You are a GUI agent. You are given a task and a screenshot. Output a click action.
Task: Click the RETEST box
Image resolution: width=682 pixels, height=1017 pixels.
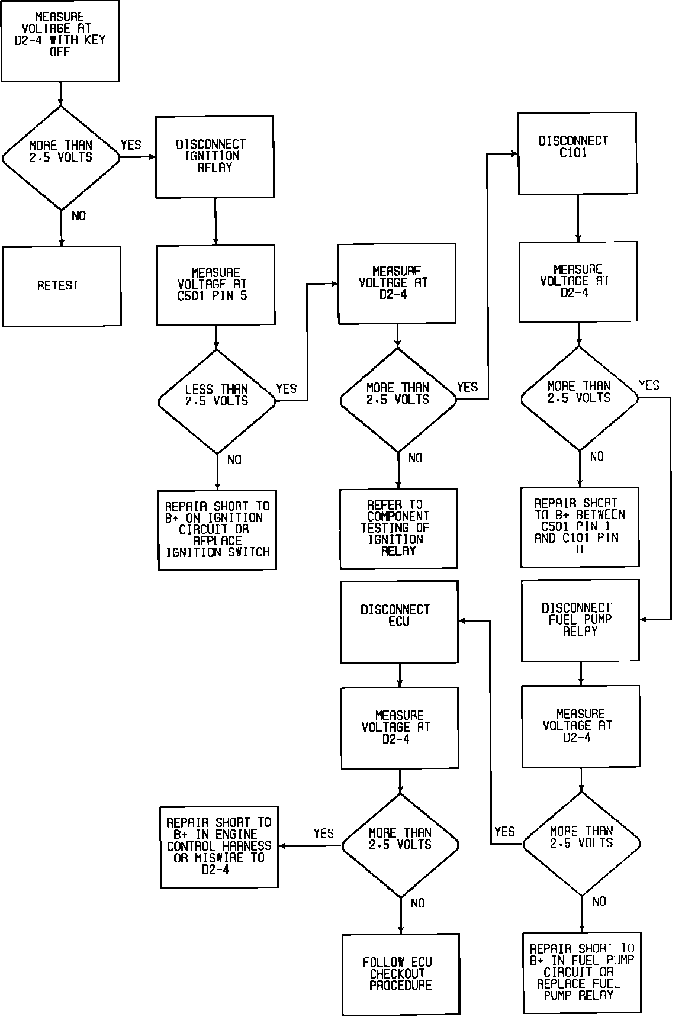[62, 286]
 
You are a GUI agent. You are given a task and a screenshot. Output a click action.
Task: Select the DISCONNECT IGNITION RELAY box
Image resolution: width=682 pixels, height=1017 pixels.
[214, 156]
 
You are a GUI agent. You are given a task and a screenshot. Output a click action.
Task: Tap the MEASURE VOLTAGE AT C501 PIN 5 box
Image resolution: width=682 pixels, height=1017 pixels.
[215, 285]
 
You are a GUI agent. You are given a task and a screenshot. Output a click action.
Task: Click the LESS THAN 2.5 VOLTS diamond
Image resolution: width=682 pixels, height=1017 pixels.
[217, 401]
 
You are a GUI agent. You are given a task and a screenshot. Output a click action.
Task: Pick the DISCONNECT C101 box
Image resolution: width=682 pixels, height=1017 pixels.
[577, 153]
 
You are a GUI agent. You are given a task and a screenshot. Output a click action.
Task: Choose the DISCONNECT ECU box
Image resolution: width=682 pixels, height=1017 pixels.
[399, 622]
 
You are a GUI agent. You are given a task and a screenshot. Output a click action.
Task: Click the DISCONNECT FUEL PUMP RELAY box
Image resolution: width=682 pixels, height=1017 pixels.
[580, 620]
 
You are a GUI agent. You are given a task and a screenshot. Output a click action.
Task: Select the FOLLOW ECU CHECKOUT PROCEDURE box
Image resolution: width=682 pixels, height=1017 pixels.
[401, 974]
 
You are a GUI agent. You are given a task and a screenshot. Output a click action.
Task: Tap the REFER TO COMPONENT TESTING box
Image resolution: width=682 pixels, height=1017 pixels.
[398, 528]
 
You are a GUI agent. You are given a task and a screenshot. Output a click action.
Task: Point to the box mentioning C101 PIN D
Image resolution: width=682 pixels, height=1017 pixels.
[580, 526]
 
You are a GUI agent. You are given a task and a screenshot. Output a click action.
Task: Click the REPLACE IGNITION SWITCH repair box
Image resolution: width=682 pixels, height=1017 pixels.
[217, 530]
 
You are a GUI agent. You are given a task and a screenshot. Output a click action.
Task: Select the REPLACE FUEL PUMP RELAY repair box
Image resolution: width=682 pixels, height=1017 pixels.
[582, 973]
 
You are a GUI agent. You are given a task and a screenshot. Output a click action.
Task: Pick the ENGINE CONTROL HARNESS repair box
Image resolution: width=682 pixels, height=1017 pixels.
[219, 847]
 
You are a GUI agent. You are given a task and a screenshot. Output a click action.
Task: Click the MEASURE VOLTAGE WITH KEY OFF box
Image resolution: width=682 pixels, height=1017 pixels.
[60, 40]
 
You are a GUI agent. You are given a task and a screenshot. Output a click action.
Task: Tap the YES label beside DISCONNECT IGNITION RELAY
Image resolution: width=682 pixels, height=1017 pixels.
[131, 145]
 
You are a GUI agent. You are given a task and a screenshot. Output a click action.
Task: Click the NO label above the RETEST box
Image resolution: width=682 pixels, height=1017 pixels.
[78, 216]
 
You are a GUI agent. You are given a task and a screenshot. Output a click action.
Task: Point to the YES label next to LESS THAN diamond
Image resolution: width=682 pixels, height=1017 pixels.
[287, 389]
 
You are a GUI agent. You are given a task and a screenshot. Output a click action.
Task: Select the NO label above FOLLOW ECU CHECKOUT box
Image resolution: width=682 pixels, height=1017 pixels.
[417, 903]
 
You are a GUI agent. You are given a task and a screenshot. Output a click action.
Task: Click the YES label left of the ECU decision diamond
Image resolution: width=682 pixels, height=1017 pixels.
[324, 833]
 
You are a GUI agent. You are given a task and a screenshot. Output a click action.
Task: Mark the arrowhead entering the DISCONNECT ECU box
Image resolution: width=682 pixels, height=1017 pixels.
[463, 621]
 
